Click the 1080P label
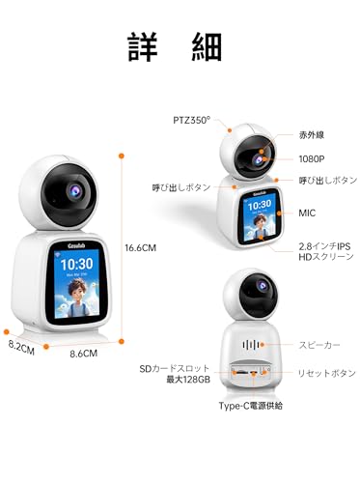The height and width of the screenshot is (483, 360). (x=313, y=158)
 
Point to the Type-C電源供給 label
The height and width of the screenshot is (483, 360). (x=249, y=406)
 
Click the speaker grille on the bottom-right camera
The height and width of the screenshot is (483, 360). (x=252, y=344)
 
